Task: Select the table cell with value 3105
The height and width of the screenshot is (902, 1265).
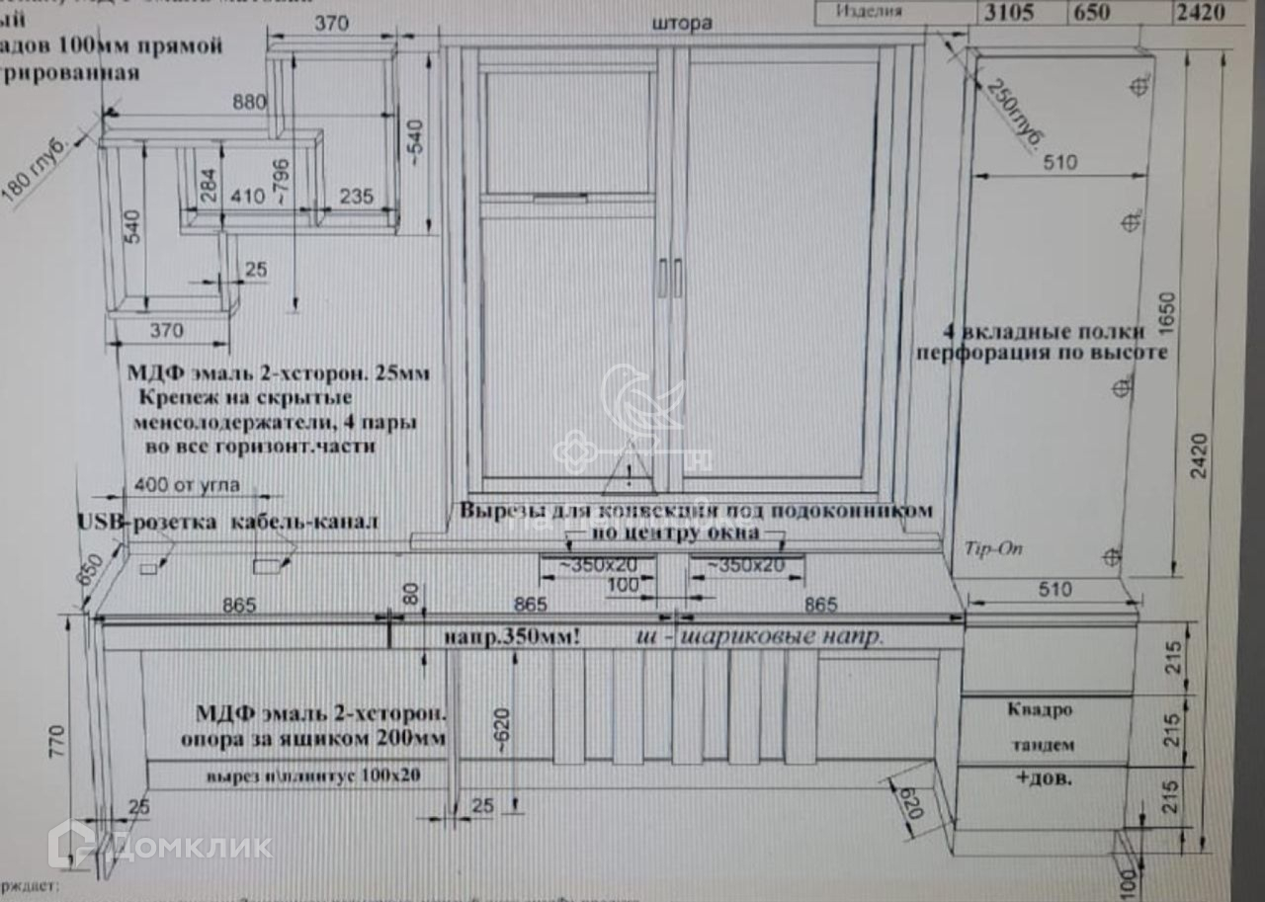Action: tap(1007, 13)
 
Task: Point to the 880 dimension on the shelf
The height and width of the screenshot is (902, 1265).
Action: tap(252, 102)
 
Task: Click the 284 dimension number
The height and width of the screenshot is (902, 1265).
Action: tap(209, 189)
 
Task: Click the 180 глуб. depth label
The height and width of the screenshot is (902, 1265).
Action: tap(36, 174)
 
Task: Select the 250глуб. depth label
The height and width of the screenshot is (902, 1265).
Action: tap(1013, 114)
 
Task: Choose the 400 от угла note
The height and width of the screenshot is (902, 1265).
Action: tap(187, 486)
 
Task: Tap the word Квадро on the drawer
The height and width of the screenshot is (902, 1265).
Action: tap(1039, 708)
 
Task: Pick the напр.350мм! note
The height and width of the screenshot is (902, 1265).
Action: tap(513, 637)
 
